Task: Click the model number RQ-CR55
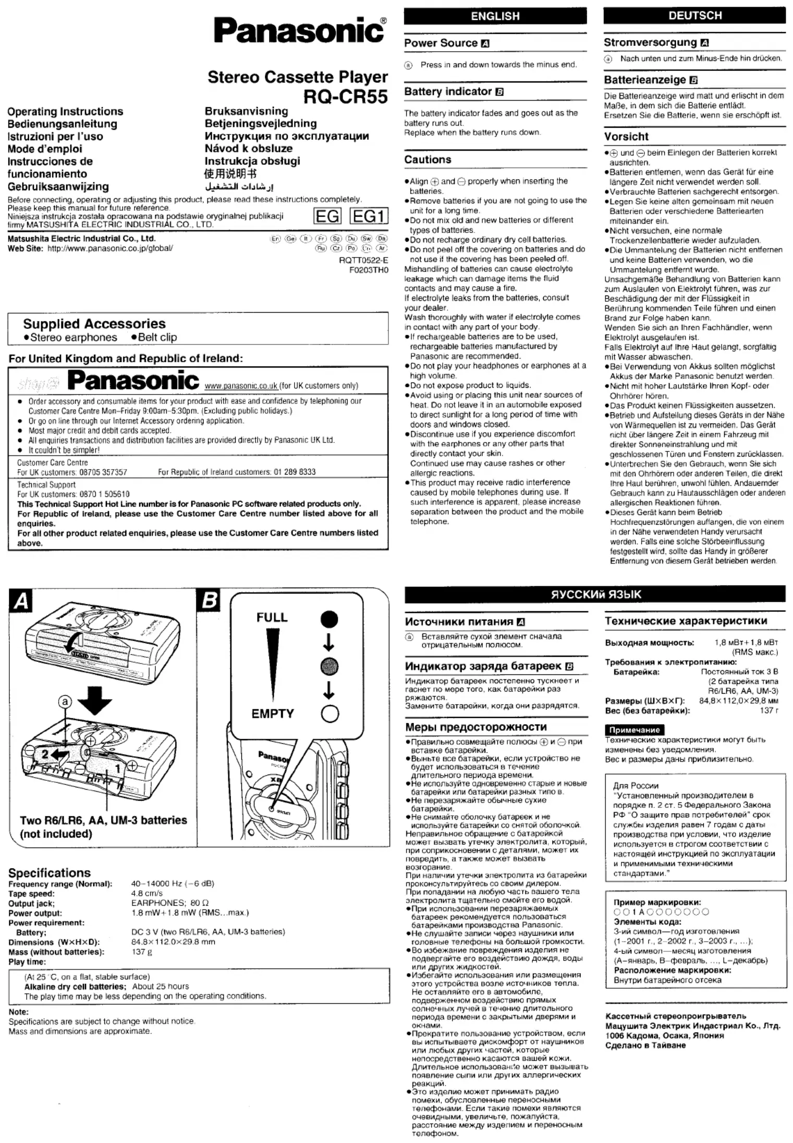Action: pos(345,96)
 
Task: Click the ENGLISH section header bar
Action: pos(495,16)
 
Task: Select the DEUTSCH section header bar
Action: pos(694,16)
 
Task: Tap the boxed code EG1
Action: pos(369,216)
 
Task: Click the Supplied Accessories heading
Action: pos(94,324)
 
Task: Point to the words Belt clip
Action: pos(157,337)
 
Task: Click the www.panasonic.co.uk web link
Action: pos(241,386)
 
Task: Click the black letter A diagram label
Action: pos(21,601)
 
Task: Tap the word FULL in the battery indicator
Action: pos(272,617)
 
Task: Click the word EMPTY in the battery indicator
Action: pos(272,713)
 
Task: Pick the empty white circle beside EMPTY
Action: pos(330,714)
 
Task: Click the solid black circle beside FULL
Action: pos(329,619)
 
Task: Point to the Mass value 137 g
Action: pos(142,952)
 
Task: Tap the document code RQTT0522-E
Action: pos(363,260)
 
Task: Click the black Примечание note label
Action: pos(635,730)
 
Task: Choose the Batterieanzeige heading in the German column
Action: pos(645,80)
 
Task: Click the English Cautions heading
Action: pos(428,159)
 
